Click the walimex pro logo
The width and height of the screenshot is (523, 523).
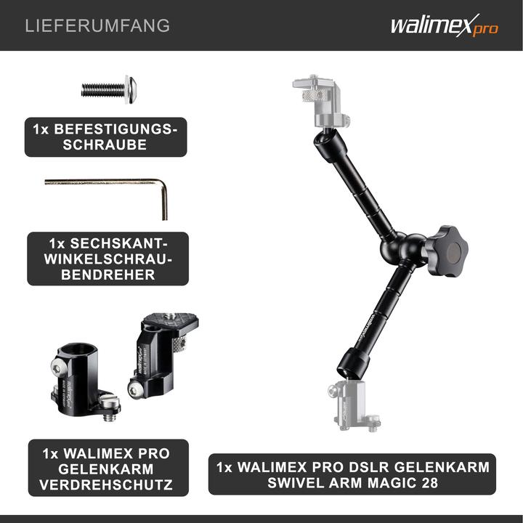(x=444, y=27)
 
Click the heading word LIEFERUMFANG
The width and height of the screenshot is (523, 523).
(x=97, y=26)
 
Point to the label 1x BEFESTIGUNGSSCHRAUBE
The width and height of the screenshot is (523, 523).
(x=105, y=137)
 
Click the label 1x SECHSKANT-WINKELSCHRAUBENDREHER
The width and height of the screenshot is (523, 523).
(x=108, y=258)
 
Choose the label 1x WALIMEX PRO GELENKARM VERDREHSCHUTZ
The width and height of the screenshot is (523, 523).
(x=108, y=468)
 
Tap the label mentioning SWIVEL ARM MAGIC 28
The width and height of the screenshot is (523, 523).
(x=352, y=474)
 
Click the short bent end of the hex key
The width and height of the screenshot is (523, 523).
(x=164, y=201)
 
